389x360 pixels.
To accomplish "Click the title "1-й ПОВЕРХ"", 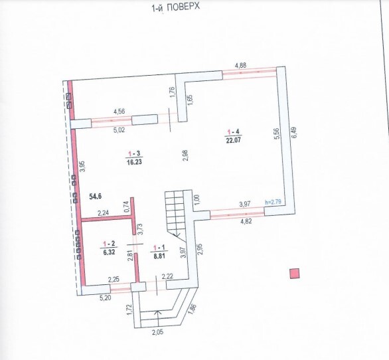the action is [x=175, y=7].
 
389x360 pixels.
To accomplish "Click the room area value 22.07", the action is [x=234, y=140].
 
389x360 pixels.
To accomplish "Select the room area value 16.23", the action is [x=134, y=162].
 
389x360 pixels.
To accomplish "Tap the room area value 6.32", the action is [x=109, y=252].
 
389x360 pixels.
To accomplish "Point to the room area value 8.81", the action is [x=159, y=256].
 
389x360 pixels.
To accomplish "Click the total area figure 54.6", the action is [x=96, y=197].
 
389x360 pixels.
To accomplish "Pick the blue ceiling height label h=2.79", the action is [x=273, y=202].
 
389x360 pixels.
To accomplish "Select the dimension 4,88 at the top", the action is [x=240, y=66].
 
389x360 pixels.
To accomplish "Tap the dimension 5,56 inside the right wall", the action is [x=277, y=134].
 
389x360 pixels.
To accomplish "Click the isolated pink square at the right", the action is [x=295, y=274].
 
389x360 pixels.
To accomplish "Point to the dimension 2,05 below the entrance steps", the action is [x=158, y=331].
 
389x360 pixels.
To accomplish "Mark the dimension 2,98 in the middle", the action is [x=185, y=155].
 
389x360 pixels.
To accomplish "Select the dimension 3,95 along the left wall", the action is [x=83, y=167].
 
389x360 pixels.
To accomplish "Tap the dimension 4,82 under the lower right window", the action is [x=246, y=221].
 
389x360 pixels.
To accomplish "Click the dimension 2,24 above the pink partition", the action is [x=104, y=213].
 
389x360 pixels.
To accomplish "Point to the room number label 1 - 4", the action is [x=234, y=132].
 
